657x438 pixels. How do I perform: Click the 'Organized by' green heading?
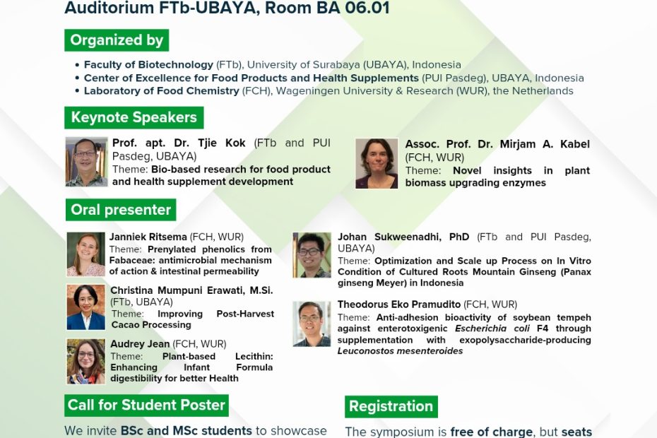pyautogui.click(x=117, y=40)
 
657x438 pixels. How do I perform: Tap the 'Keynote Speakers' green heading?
pyautogui.click(x=134, y=117)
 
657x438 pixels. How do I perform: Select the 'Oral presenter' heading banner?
pyautogui.click(x=121, y=210)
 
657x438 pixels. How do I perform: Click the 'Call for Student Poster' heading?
pyautogui.click(x=146, y=405)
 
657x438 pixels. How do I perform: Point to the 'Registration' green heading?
pyautogui.click(x=391, y=406)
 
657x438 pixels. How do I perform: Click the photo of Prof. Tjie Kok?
pyautogui.click(x=86, y=162)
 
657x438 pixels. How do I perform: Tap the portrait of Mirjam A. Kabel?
pyautogui.click(x=377, y=163)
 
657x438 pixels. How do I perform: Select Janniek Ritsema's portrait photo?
pyautogui.click(x=86, y=254)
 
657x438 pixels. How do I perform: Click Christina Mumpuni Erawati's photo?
pyautogui.click(x=86, y=307)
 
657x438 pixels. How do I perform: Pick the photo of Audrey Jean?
pyautogui.click(x=86, y=361)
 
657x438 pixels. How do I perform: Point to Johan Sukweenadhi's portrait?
pyautogui.click(x=312, y=255)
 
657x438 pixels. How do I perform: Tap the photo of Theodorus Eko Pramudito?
pyautogui.click(x=312, y=324)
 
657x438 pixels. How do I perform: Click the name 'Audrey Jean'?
pyautogui.click(x=140, y=344)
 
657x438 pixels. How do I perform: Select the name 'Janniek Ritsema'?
pyautogui.click(x=148, y=237)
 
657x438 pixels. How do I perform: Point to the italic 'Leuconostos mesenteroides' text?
pyautogui.click(x=400, y=351)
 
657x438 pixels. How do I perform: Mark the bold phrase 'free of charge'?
pyautogui.click(x=492, y=431)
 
